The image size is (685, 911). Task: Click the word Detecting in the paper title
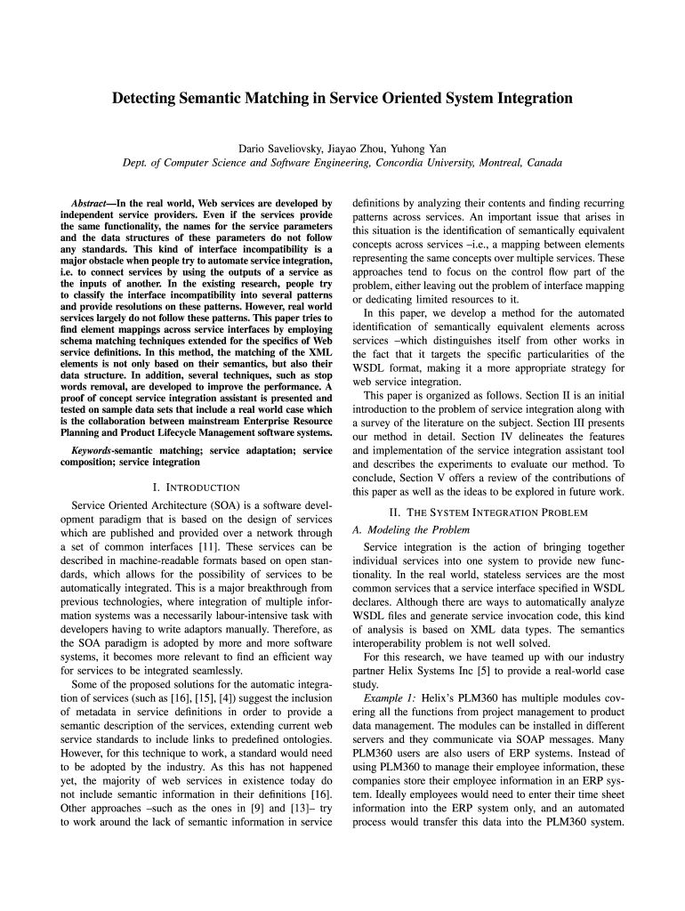(146, 99)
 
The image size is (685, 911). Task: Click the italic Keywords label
(91, 451)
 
